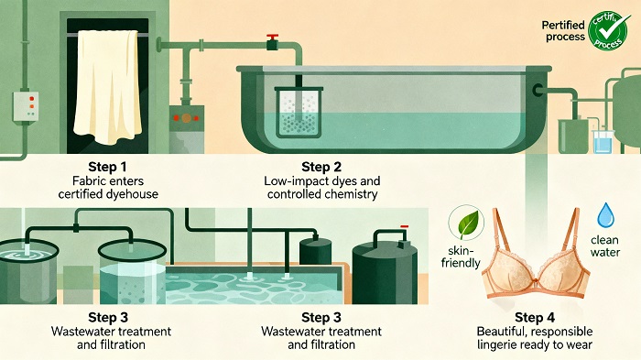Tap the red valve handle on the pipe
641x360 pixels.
tap(272, 40)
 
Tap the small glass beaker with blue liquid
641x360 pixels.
tap(603, 141)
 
